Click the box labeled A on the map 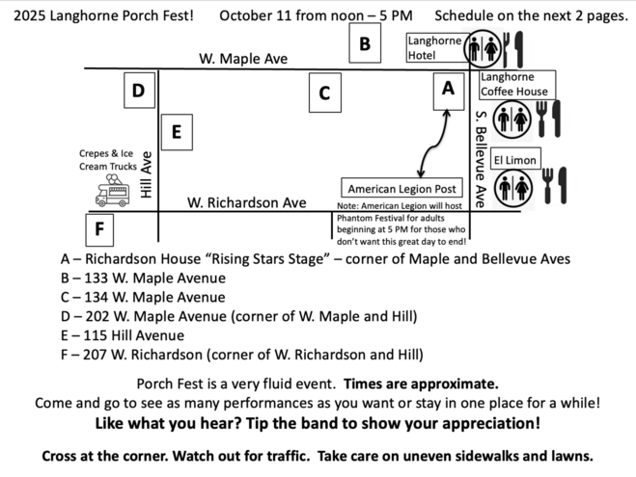pyautogui.click(x=447, y=89)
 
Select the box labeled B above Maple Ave pyautogui.click(x=365, y=43)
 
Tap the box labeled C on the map pyautogui.click(x=324, y=93)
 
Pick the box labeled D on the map pyautogui.click(x=139, y=92)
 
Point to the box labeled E pyautogui.click(x=176, y=133)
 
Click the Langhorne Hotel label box pyautogui.click(x=434, y=48)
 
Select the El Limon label pyautogui.click(x=515, y=160)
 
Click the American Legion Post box pyautogui.click(x=401, y=189)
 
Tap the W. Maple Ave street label pyautogui.click(x=243, y=59)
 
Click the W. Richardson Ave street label pyautogui.click(x=246, y=203)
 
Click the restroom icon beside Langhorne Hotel pyautogui.click(x=483, y=49)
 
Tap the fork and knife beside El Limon pyautogui.click(x=554, y=186)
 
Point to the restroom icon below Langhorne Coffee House pyautogui.click(x=512, y=119)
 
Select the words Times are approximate pyautogui.click(x=421, y=383)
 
